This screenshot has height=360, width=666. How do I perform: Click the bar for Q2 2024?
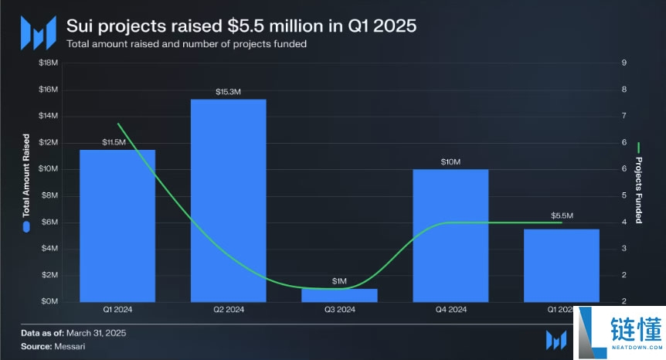pyautogui.click(x=229, y=200)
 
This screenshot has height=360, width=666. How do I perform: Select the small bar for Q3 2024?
pyautogui.click(x=339, y=295)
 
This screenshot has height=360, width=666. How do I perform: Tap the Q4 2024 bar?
pyautogui.click(x=450, y=235)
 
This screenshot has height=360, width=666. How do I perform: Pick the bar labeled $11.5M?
pyautogui.click(x=117, y=225)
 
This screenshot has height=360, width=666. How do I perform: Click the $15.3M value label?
pyautogui.click(x=229, y=92)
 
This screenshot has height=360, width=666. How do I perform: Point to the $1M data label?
pyautogui.click(x=340, y=281)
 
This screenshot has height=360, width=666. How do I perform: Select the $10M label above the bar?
pyautogui.click(x=450, y=161)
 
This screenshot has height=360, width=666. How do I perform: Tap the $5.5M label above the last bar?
pyautogui.click(x=562, y=216)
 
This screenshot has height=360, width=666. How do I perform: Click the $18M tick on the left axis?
pyautogui.click(x=48, y=63)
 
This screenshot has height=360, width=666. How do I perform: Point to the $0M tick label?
pyautogui.click(x=48, y=301)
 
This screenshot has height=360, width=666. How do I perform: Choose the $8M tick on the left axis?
pyautogui.click(x=48, y=195)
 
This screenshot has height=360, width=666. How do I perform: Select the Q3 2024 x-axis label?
pyautogui.click(x=340, y=310)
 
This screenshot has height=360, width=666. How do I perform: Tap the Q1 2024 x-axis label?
pyautogui.click(x=118, y=310)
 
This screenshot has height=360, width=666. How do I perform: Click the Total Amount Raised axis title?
pyautogui.click(x=25, y=175)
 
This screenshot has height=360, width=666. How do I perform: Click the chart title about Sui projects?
pyautogui.click(x=242, y=25)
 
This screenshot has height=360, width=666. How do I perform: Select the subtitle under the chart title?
pyautogui.click(x=187, y=44)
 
